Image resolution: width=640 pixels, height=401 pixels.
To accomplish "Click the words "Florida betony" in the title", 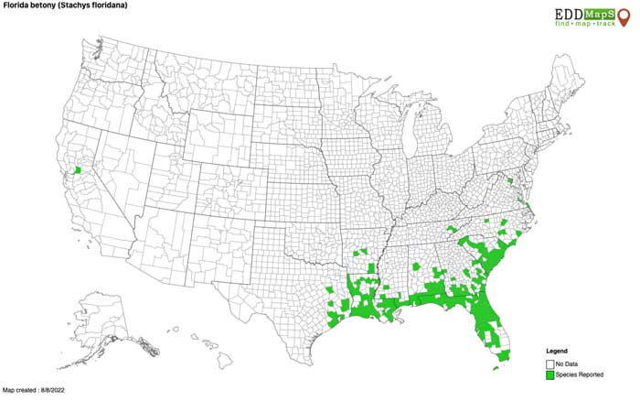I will [x=28, y=5].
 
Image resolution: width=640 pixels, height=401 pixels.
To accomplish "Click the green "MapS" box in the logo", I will [x=593, y=12].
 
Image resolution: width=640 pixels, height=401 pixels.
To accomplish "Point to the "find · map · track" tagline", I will [x=586, y=23].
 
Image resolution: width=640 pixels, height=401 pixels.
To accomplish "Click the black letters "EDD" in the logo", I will [x=567, y=12].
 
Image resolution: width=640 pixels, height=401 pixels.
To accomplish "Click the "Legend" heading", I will [x=557, y=351].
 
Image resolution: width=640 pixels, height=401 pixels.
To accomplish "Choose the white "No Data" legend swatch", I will [x=549, y=363].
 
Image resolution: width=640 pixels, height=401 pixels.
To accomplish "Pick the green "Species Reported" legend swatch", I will [x=549, y=375].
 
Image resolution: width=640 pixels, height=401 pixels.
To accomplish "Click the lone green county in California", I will [x=78, y=169].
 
